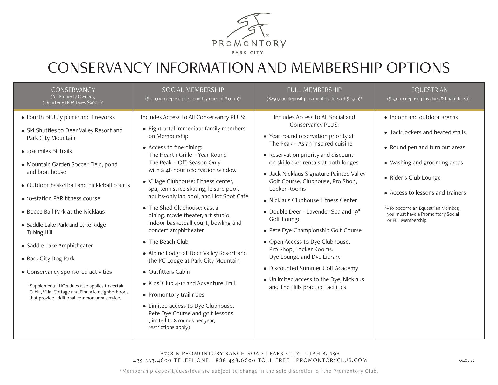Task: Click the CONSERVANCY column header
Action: pos(73,90)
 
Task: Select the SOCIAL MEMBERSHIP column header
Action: pos(193,90)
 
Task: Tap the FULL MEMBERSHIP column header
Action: pos(314,90)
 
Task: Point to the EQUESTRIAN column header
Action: pos(429,90)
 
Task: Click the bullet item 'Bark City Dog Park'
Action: pos(51,259)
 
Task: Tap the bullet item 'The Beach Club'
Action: pos(168,242)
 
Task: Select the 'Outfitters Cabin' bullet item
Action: pos(169,272)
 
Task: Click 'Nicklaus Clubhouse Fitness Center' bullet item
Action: pos(313,200)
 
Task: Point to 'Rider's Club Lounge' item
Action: pos(415,178)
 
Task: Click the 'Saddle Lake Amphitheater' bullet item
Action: pos(60,246)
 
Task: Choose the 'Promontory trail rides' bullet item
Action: pos(176,295)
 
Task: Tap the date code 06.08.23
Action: pos(467,360)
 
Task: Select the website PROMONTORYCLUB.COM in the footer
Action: pos(331,360)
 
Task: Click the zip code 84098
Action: pos(331,354)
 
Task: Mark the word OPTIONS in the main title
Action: pos(418,68)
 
